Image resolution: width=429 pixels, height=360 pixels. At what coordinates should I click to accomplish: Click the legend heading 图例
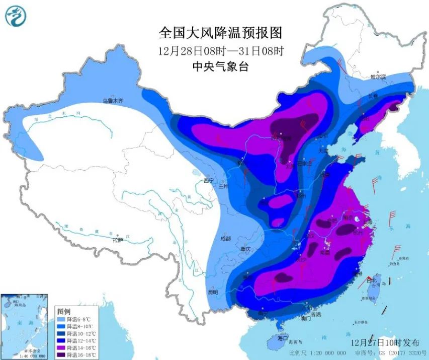[x=64, y=312]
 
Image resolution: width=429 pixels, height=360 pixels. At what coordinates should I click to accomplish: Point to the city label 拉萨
[x=118, y=240]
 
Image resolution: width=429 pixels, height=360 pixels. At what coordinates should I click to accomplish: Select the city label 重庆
[x=245, y=249]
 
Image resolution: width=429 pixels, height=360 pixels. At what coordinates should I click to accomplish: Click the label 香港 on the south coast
[x=316, y=314]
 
